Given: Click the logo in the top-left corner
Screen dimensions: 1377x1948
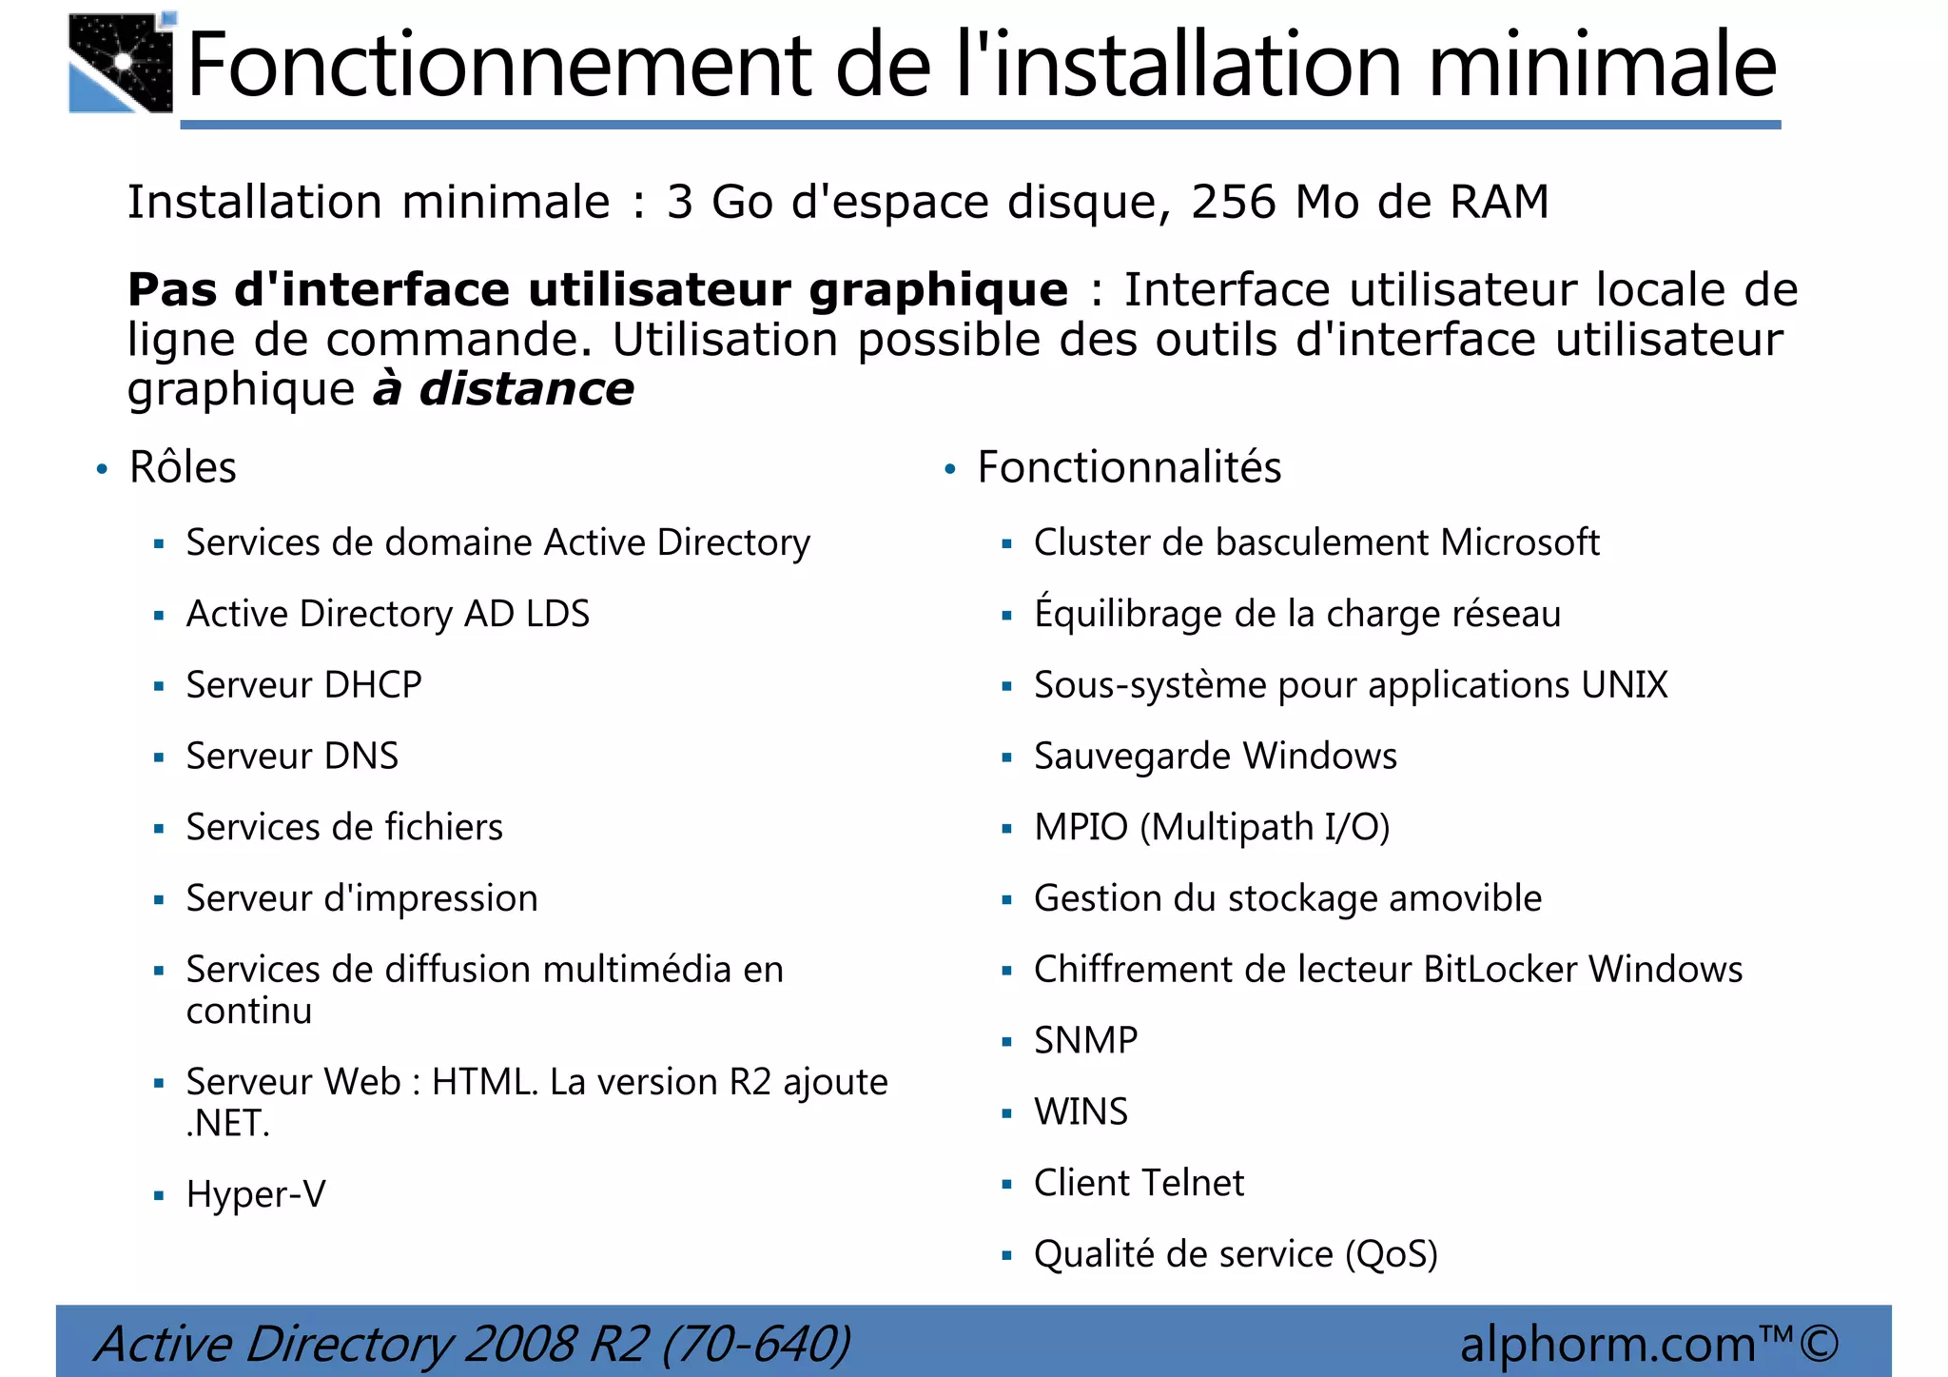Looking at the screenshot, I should click(121, 63).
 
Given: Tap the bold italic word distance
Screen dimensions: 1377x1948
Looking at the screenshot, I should click(526, 389).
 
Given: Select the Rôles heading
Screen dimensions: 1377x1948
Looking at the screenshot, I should click(183, 467).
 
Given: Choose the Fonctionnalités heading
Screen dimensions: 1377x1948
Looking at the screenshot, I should click(1129, 467).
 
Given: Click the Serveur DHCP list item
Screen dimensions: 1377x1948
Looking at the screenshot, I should click(303, 685).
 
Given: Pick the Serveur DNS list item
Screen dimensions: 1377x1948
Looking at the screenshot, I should click(292, 757).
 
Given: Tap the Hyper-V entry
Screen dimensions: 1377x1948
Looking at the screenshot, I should click(256, 1194).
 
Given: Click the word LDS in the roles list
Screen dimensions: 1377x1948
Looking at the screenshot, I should click(557, 614).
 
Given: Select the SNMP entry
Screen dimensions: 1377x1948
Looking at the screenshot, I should click(1085, 1040).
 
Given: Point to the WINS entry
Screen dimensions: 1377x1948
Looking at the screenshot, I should click(1081, 1111).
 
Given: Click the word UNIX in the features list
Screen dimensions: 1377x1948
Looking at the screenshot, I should click(1625, 685).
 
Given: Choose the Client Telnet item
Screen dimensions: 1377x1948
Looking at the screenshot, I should click(1139, 1183).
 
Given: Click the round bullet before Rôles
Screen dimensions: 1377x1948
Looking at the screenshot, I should click(102, 469).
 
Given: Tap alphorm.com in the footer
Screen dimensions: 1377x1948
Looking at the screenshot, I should click(1607, 1344).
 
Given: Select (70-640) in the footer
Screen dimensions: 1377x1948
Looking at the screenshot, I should click(756, 1344).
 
